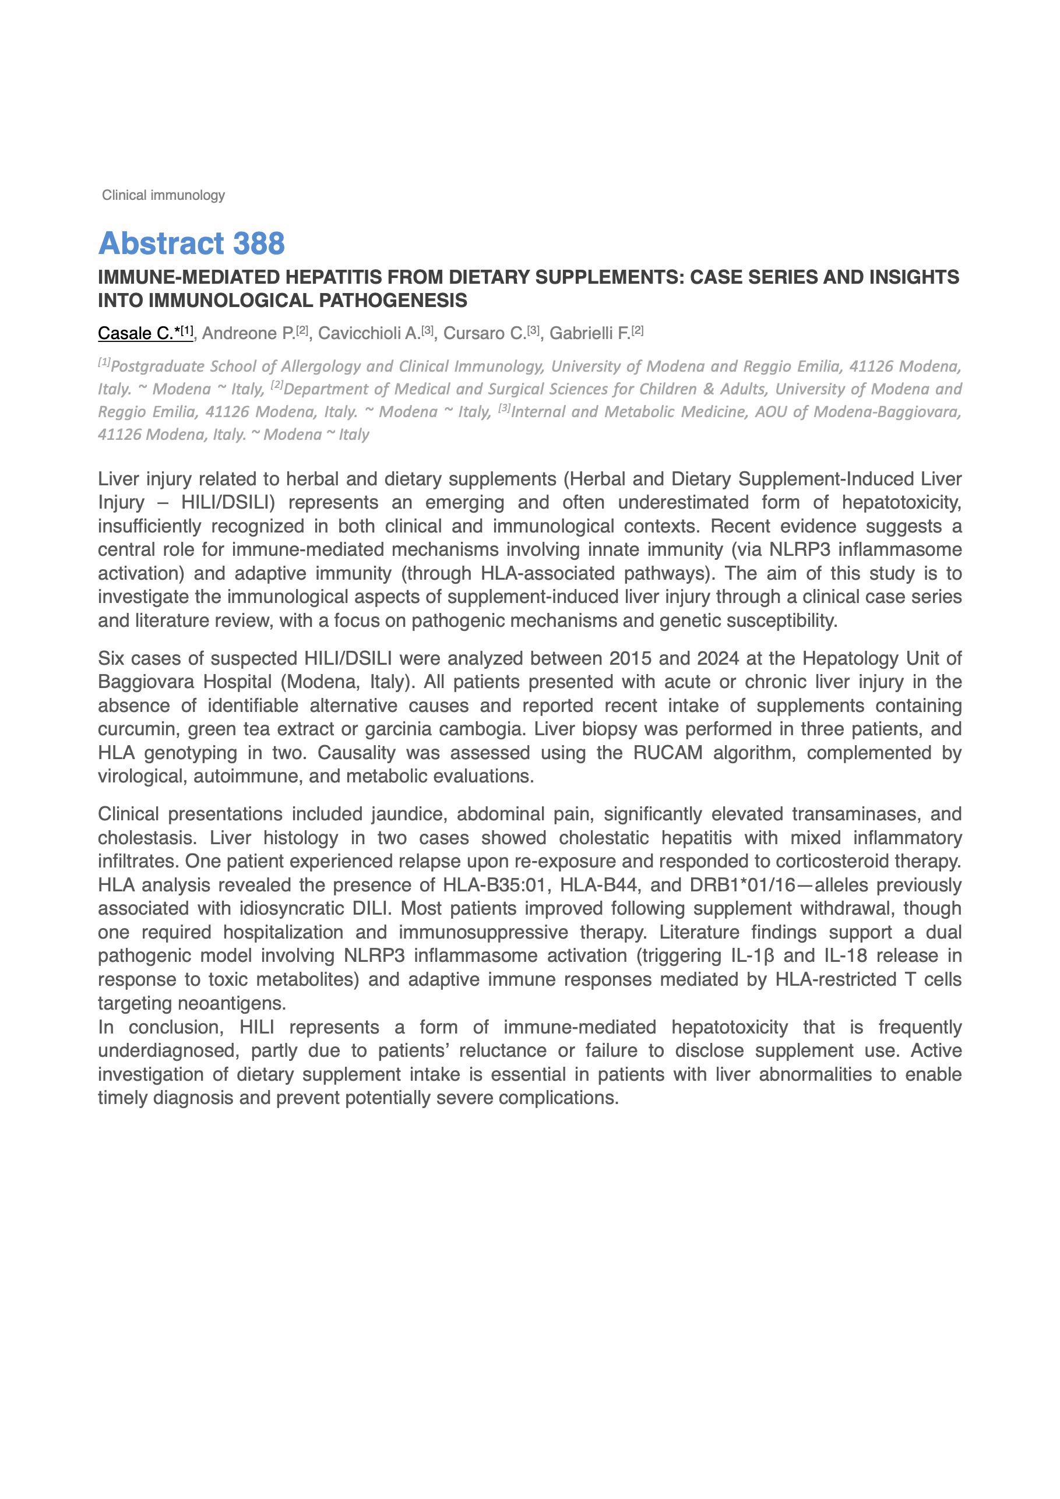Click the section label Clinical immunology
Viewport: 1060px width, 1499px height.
tap(163, 195)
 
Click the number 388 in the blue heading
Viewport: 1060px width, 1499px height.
tap(259, 244)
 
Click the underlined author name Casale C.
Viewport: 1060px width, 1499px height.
tap(136, 334)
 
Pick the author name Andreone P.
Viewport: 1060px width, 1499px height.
tap(248, 334)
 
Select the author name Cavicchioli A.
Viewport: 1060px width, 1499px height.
tap(369, 334)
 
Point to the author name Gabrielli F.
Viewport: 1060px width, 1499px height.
tap(590, 334)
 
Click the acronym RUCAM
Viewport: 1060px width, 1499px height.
tap(667, 753)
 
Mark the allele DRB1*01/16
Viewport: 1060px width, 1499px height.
tap(742, 886)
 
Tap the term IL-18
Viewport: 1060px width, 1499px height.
tap(845, 957)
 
